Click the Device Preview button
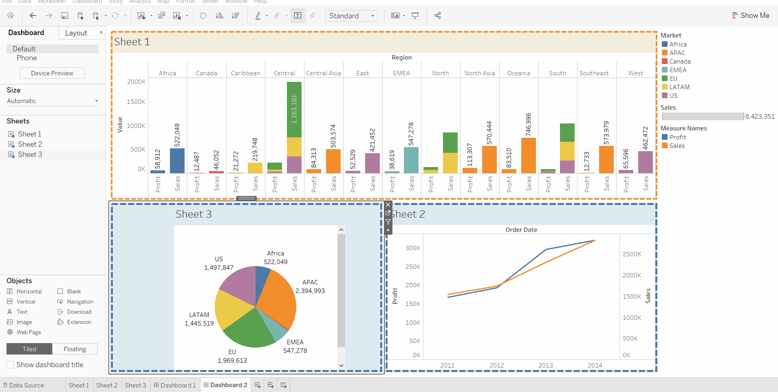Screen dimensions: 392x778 click(52, 73)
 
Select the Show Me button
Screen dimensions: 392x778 click(751, 15)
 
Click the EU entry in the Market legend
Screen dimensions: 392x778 click(673, 79)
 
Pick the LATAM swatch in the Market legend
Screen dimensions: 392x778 click(665, 87)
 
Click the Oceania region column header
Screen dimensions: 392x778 click(518, 73)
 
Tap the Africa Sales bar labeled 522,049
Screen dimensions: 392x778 click(177, 161)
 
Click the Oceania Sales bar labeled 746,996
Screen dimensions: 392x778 click(528, 155)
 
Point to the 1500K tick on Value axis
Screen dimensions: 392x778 click(136, 102)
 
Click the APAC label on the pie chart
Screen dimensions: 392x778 click(310, 282)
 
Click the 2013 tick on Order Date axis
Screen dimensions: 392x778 click(545, 365)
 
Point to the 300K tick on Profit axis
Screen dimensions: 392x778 click(412, 248)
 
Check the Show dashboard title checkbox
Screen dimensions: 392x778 click(11, 365)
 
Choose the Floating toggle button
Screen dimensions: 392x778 click(75, 349)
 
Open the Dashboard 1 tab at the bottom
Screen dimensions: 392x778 click(175, 385)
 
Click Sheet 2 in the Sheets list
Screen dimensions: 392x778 click(30, 144)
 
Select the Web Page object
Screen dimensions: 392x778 click(29, 332)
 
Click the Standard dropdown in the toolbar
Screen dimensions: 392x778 click(351, 16)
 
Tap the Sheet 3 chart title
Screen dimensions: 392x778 click(194, 214)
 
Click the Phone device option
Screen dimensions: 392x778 click(27, 58)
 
